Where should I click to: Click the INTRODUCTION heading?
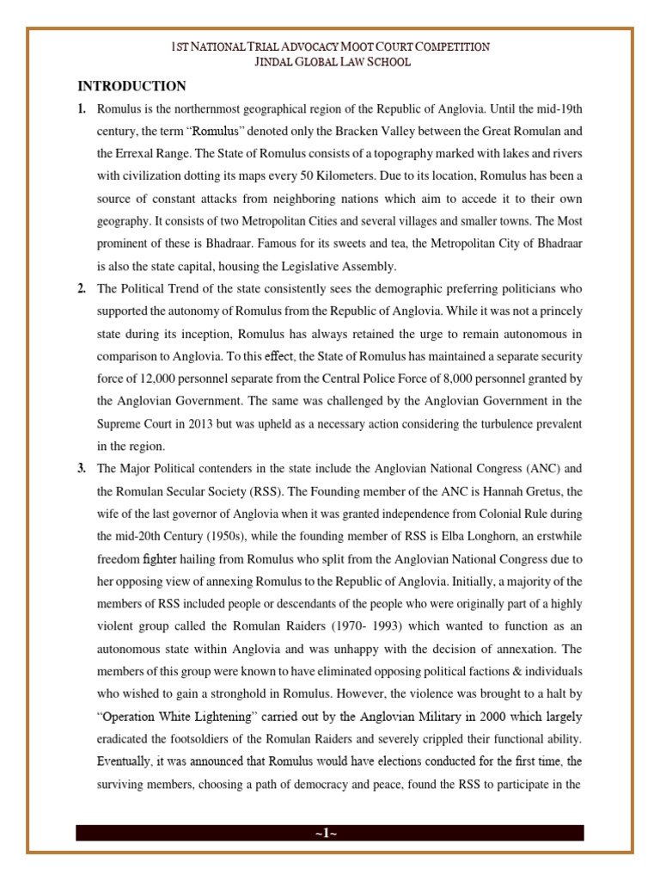(x=131, y=86)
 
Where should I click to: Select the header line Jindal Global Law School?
(x=330, y=62)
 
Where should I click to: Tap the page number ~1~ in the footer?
(x=329, y=833)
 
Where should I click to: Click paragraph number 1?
(x=82, y=109)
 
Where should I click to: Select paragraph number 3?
(x=82, y=469)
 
